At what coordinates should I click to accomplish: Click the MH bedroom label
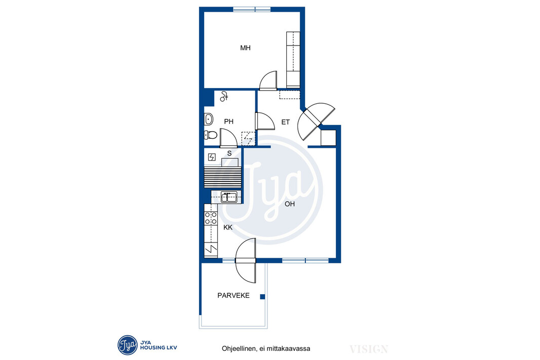pyautogui.click(x=245, y=48)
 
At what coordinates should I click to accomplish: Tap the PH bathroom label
pyautogui.click(x=228, y=122)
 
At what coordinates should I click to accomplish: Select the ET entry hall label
pyautogui.click(x=286, y=122)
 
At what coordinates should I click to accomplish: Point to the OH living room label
pyautogui.click(x=290, y=204)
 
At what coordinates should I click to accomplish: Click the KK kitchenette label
pyautogui.click(x=228, y=227)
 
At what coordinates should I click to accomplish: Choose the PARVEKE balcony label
pyautogui.click(x=234, y=296)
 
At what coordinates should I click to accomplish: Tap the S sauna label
pyautogui.click(x=229, y=153)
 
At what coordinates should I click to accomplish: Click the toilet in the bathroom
pyautogui.click(x=210, y=135)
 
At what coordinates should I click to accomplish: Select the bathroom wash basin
pyautogui.click(x=208, y=119)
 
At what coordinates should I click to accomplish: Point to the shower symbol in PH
pyautogui.click(x=224, y=96)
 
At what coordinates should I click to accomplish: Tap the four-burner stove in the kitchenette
pyautogui.click(x=211, y=218)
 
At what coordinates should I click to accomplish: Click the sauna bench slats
pyautogui.click(x=223, y=177)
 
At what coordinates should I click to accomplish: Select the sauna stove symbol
pyautogui.click(x=212, y=157)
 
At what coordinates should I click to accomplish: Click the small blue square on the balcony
pyautogui.click(x=262, y=297)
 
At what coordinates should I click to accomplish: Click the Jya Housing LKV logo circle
pyautogui.click(x=128, y=345)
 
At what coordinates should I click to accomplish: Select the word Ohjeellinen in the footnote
pyautogui.click(x=238, y=349)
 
